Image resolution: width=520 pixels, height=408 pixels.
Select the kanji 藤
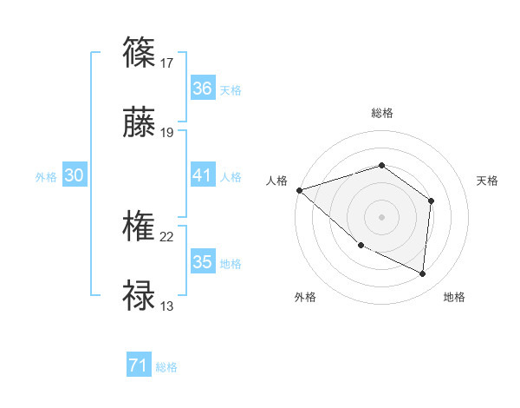tap(140, 125)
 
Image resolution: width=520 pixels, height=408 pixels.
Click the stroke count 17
tap(167, 63)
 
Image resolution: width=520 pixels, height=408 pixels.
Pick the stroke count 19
tap(167, 132)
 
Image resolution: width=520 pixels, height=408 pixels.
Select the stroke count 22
tap(167, 236)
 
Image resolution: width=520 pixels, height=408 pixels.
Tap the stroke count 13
tap(167, 306)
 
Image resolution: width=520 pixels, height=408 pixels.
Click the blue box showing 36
tap(202, 89)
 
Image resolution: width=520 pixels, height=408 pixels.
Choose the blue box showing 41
tap(202, 175)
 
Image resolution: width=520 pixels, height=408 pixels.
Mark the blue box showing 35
tap(202, 262)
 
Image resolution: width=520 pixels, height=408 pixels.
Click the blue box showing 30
tap(75, 175)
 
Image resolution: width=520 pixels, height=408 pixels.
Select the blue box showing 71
tap(139, 366)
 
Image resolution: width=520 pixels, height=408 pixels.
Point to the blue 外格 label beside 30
tap(46, 177)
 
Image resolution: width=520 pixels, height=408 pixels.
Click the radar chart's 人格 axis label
tap(276, 181)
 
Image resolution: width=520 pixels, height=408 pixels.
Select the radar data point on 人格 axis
tap(299, 190)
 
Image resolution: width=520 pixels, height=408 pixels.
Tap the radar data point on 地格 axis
tap(422, 274)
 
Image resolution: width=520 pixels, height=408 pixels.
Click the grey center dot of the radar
tap(381, 216)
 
